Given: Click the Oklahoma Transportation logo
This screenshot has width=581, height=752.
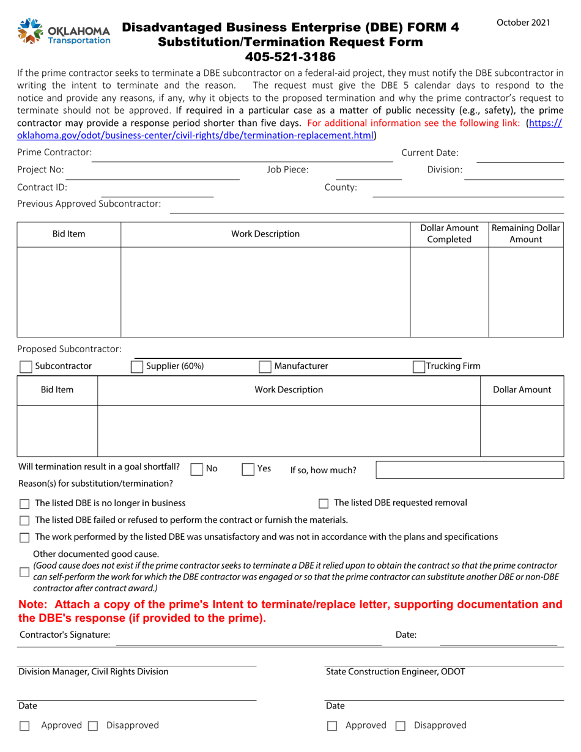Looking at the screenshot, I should pos(64,32).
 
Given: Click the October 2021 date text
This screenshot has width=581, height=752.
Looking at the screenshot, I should pos(523,23).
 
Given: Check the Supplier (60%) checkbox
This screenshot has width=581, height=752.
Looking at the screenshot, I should pos(138,367).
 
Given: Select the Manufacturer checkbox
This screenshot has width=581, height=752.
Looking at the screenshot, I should pos(265,367).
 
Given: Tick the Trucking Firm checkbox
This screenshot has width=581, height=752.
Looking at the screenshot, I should pos(419,367).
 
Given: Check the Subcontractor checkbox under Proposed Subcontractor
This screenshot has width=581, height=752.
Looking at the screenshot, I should pos(26,367).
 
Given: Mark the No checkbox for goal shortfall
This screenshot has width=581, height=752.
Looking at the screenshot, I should pos(197,470).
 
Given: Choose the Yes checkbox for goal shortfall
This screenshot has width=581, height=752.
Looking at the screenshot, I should pos(248,470).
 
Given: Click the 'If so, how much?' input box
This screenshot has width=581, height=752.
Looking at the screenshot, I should pos(469,470).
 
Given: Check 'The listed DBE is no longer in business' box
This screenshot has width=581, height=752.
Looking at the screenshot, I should pos(24,504).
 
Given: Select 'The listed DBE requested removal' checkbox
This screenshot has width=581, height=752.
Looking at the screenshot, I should pos(324,504).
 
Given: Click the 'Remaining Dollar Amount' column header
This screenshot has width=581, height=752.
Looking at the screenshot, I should pos(525,234).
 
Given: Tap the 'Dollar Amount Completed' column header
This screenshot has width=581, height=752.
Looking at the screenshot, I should pos(449,234).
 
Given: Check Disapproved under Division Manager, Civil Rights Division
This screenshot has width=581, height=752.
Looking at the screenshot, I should pos(93,726).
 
